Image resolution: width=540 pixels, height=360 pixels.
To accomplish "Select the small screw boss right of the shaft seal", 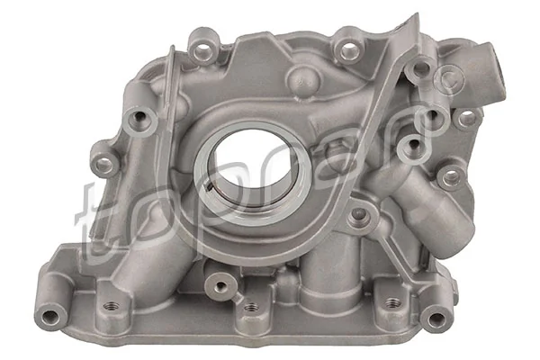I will tap(359, 213).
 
